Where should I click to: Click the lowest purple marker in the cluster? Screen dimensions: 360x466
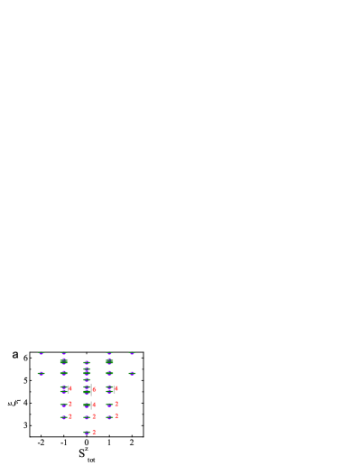point(87,433)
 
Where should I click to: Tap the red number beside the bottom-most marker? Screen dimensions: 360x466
point(94,432)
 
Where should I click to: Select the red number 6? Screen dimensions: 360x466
point(94,389)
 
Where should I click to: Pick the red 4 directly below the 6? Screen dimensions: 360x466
point(94,405)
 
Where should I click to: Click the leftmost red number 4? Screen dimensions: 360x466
point(70,388)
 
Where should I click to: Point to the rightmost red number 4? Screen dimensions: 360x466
point(116,388)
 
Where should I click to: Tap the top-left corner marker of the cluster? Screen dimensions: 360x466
point(41,353)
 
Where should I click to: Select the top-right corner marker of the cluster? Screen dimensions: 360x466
point(132,353)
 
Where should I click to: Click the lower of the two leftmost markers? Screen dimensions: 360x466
point(41,373)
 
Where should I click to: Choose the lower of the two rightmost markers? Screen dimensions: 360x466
point(132,373)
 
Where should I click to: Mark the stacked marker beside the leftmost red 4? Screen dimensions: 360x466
point(63,389)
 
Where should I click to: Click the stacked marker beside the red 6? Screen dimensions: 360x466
point(87,389)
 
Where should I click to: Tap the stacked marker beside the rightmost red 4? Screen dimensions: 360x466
point(109,389)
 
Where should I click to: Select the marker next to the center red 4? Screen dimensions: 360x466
point(87,405)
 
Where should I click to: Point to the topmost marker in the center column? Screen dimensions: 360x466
point(87,362)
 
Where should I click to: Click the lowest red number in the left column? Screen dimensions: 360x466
point(70,416)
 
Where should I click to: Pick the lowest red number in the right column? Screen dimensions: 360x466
point(116,416)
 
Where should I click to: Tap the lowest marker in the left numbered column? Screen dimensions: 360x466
point(63,417)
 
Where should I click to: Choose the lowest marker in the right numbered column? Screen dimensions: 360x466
point(109,417)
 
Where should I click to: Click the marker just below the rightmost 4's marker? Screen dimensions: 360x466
point(109,405)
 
